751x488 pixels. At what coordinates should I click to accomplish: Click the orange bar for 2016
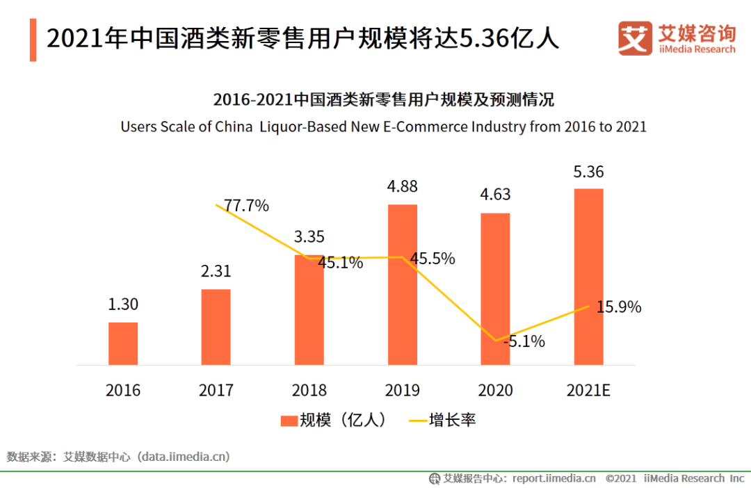[123, 343]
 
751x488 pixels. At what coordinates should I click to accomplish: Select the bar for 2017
[216, 327]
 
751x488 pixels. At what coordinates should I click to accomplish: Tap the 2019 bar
[403, 284]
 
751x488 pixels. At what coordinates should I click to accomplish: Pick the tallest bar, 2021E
[588, 276]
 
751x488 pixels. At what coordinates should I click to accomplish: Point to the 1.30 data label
[123, 305]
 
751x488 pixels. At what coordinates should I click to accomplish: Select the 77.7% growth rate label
[245, 206]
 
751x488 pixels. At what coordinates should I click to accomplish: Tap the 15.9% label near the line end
[619, 307]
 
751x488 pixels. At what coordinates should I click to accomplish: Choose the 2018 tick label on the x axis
[309, 390]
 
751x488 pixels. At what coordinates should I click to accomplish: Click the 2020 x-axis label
[495, 390]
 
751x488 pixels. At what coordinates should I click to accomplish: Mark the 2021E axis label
[588, 390]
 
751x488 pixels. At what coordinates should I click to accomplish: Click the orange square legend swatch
[289, 421]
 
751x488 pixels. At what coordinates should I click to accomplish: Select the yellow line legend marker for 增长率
[417, 421]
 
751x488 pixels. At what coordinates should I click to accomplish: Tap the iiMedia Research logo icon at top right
[635, 38]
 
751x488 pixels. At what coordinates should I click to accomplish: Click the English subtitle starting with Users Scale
[383, 127]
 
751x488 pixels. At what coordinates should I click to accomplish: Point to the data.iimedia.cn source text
[184, 457]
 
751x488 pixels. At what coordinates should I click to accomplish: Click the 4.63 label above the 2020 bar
[495, 195]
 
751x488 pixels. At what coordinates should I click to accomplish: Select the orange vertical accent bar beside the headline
[33, 40]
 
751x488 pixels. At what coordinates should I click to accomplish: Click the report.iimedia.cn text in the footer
[554, 478]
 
